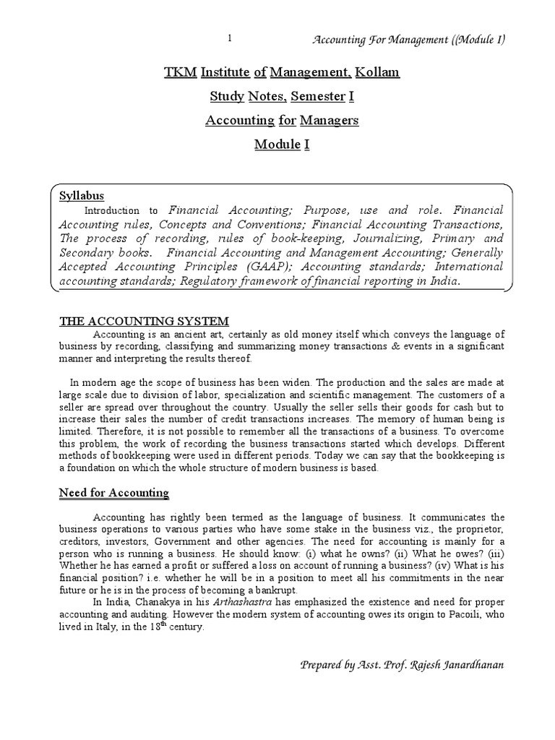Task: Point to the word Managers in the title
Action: tap(330, 120)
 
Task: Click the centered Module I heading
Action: tap(281, 144)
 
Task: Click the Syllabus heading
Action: tap(82, 196)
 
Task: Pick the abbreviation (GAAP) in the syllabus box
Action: tap(246, 267)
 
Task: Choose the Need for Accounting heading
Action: tap(113, 493)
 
